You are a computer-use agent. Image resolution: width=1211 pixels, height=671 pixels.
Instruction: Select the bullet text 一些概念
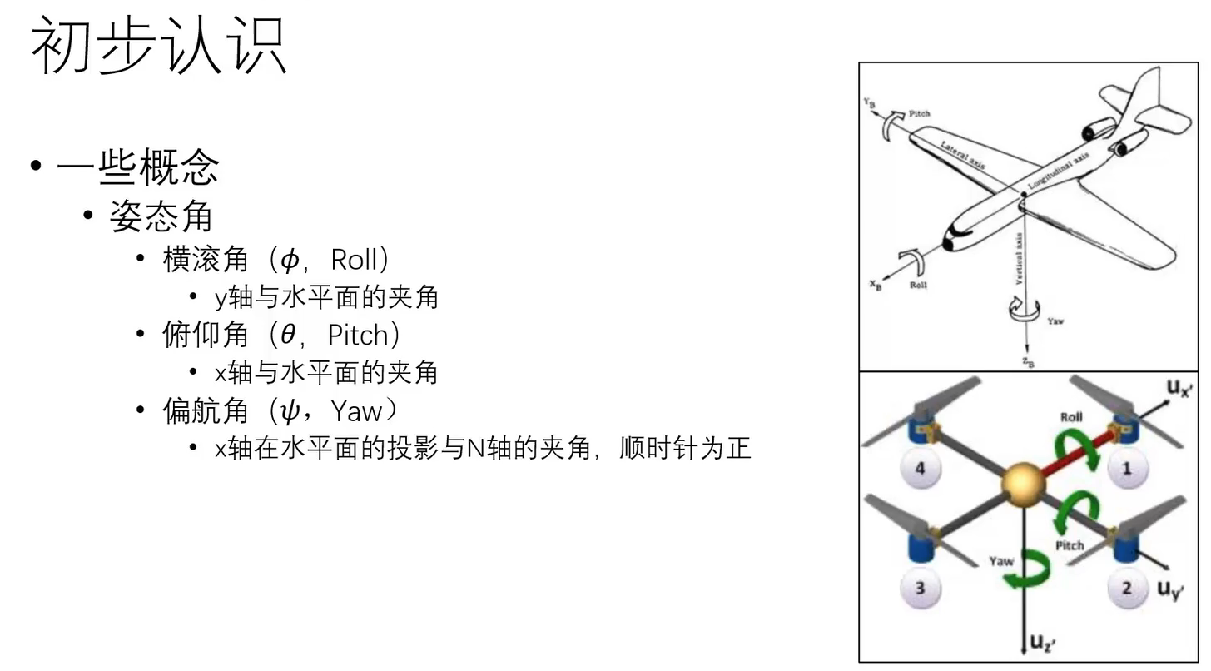pyautogui.click(x=137, y=167)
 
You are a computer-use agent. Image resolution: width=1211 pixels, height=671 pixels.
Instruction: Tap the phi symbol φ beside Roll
pyautogui.click(x=289, y=261)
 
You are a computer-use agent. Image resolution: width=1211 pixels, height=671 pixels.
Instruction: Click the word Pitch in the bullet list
pyautogui.click(x=358, y=335)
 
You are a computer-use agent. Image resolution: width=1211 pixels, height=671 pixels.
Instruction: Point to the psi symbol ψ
pyautogui.click(x=289, y=410)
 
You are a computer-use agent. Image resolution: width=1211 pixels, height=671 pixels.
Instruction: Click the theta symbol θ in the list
pyautogui.click(x=288, y=335)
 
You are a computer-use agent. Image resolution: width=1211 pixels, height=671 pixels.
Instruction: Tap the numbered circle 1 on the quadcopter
pyautogui.click(x=1127, y=469)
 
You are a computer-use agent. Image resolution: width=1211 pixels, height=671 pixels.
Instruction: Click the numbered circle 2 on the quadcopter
pyautogui.click(x=1126, y=589)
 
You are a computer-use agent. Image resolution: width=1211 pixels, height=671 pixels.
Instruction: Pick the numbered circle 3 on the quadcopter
pyautogui.click(x=920, y=589)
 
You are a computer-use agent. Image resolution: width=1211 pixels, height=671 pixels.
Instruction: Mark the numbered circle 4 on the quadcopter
pyautogui.click(x=920, y=469)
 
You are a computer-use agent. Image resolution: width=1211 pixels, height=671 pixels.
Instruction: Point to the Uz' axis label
pyautogui.click(x=1043, y=642)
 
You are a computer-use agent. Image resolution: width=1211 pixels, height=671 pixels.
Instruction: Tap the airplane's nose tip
pyautogui.click(x=947, y=244)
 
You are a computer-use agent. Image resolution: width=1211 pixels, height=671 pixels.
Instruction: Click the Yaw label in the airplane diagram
pyautogui.click(x=1055, y=321)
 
